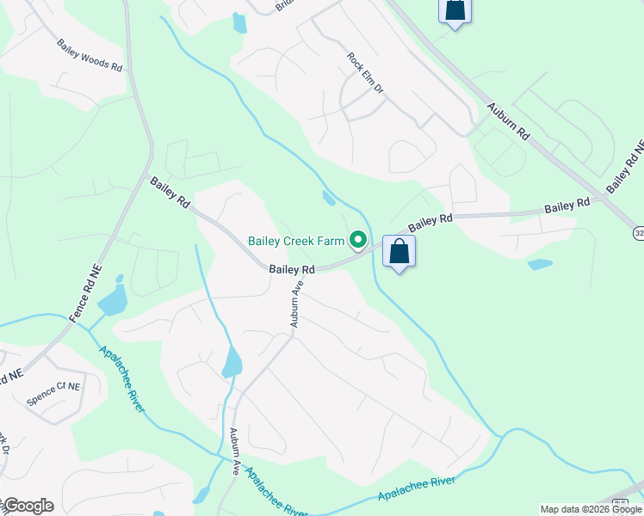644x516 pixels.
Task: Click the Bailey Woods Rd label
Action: click(90, 54)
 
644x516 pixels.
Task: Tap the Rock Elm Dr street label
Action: click(365, 74)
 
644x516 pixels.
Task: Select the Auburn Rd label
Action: click(507, 124)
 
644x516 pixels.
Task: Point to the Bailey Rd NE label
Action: click(625, 166)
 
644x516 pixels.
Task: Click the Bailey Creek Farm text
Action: click(296, 241)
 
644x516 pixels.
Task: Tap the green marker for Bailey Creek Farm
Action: click(359, 241)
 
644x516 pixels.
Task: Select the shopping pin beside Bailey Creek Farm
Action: click(399, 253)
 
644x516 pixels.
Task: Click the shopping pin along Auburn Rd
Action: click(454, 10)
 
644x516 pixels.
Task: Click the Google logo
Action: click(28, 506)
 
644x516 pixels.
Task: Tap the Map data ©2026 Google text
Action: click(591, 509)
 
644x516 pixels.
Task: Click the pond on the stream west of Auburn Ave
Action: click(232, 363)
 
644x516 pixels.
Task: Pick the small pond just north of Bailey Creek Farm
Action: click(329, 199)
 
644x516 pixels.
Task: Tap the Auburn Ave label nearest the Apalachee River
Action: click(235, 452)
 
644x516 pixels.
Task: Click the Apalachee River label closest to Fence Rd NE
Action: click(121, 379)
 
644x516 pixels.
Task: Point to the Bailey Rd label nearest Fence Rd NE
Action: click(170, 191)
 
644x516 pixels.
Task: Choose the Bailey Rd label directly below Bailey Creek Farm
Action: click(292, 269)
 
